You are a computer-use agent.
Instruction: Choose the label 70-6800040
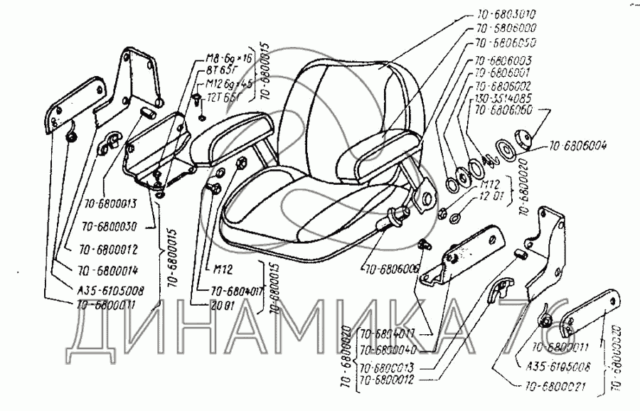[389, 349]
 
